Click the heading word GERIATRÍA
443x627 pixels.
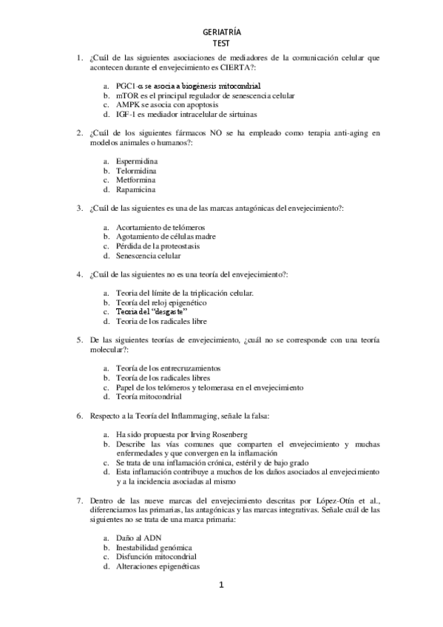222,33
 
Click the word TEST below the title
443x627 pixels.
222,43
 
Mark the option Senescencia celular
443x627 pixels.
148,255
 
